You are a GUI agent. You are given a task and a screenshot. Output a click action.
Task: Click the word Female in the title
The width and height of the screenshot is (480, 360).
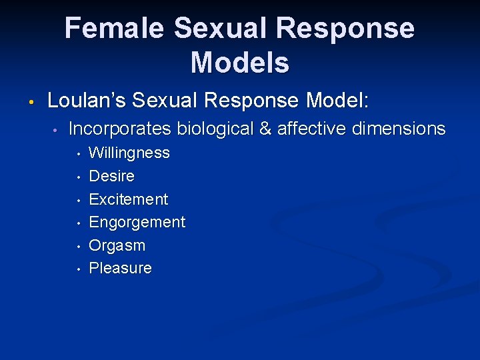[114, 29]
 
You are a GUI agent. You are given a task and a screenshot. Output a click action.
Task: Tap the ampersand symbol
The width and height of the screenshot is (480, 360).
[265, 129]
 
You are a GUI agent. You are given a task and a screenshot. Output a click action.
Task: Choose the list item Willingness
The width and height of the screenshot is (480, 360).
[129, 153]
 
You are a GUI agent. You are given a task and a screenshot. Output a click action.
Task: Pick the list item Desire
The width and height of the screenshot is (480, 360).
[111, 176]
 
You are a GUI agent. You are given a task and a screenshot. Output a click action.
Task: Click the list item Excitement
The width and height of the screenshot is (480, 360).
[128, 199]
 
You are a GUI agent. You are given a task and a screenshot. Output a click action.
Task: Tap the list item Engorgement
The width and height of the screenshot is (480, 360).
[137, 223]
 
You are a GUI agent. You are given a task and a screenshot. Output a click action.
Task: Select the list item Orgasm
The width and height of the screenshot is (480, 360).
[117, 245]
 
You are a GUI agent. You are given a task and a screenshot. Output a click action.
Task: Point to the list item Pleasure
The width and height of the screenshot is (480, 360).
[120, 268]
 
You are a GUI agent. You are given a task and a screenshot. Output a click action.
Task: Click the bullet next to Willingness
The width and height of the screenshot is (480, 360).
[78, 155]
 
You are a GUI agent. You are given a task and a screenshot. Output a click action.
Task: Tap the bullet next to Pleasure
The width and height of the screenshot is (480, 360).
[78, 269]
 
